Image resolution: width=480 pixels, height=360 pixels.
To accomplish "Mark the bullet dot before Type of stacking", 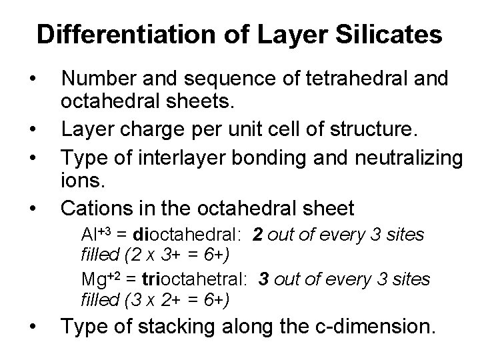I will pyautogui.click(x=33, y=327).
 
